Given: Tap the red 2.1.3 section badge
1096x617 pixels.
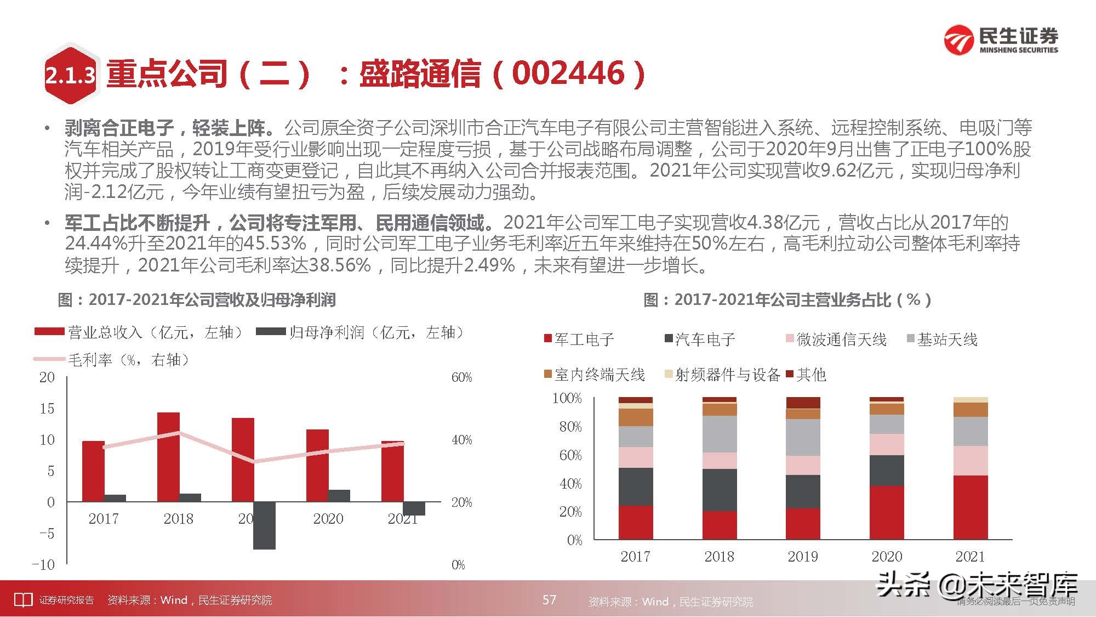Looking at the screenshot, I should coord(70,74).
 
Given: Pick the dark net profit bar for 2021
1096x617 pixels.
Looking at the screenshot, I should coord(414,508).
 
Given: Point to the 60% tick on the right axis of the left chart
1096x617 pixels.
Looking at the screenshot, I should coord(461,377).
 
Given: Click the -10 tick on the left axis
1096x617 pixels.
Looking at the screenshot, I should coord(43,564).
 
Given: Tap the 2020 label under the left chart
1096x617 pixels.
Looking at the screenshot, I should coord(328,519).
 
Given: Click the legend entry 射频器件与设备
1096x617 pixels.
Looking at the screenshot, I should coord(727,375).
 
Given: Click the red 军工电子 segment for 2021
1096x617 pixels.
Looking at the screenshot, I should coord(971,507).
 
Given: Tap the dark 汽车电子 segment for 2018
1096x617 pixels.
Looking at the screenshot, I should coord(720,490).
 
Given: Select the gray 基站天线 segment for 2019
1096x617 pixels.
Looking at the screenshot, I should coord(803,438).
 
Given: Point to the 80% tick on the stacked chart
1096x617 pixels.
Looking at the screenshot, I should coord(570,427).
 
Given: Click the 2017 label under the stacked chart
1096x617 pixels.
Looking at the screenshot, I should coord(635,557).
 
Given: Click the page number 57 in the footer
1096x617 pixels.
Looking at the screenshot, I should coord(549,599).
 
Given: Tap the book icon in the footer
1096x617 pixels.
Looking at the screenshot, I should coord(23,600).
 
